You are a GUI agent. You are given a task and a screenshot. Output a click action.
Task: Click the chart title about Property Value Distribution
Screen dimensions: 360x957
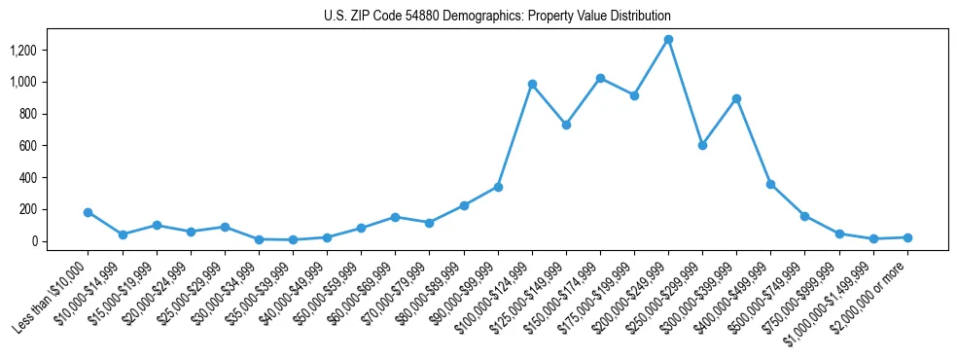(x=497, y=17)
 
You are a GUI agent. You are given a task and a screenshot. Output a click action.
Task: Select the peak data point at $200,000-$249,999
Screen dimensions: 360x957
(x=668, y=40)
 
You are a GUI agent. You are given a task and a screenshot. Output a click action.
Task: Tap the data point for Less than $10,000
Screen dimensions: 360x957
(x=89, y=212)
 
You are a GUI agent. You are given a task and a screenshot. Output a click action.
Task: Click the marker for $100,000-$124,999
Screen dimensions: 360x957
(x=532, y=85)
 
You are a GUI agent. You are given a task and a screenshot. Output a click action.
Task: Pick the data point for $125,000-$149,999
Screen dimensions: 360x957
(x=566, y=125)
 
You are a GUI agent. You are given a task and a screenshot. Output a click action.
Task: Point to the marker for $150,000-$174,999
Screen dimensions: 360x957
(x=600, y=78)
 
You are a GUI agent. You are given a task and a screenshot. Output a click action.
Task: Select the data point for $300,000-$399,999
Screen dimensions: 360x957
(x=736, y=98)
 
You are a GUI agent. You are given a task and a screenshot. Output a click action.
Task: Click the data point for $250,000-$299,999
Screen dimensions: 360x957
(x=702, y=145)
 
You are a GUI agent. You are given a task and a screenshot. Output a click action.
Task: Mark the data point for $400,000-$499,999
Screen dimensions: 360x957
(x=770, y=184)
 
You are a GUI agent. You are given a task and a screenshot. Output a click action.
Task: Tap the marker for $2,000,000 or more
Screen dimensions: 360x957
(x=907, y=237)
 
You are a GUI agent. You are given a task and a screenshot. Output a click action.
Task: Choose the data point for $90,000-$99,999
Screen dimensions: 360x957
(x=498, y=187)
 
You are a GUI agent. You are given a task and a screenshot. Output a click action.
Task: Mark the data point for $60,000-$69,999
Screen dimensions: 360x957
(x=395, y=217)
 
